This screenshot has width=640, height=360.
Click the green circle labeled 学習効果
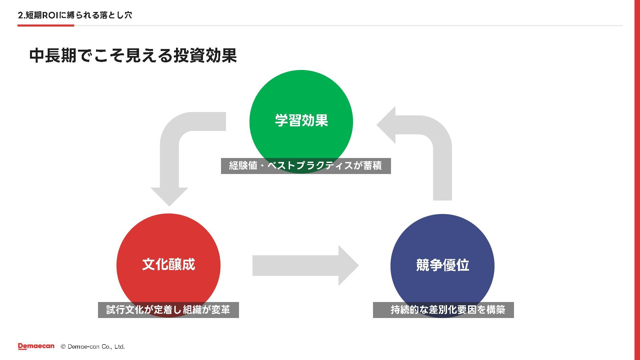tap(301, 100)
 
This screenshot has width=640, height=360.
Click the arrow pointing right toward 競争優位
tap(305, 266)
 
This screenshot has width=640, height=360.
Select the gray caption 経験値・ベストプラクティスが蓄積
tap(306, 166)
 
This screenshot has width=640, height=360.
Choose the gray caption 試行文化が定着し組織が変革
tap(168, 310)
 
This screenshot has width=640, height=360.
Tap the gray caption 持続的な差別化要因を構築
tap(443, 310)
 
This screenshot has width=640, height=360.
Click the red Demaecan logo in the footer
tap(36, 346)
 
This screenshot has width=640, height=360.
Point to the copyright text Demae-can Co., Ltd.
tap(96, 347)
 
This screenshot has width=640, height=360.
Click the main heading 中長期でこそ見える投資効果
tap(133, 55)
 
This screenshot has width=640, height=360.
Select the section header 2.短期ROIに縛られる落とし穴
tap(75, 15)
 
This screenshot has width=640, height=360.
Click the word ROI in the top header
tap(50, 15)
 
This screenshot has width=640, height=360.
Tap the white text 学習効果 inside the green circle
tap(301, 120)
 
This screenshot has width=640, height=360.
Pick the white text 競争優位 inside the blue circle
tap(442, 265)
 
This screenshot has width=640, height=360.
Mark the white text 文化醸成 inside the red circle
tap(168, 264)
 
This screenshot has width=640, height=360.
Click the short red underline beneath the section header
tap(46, 25)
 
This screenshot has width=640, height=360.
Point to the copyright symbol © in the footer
tap(63, 347)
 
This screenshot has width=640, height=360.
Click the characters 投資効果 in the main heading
tap(205, 55)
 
